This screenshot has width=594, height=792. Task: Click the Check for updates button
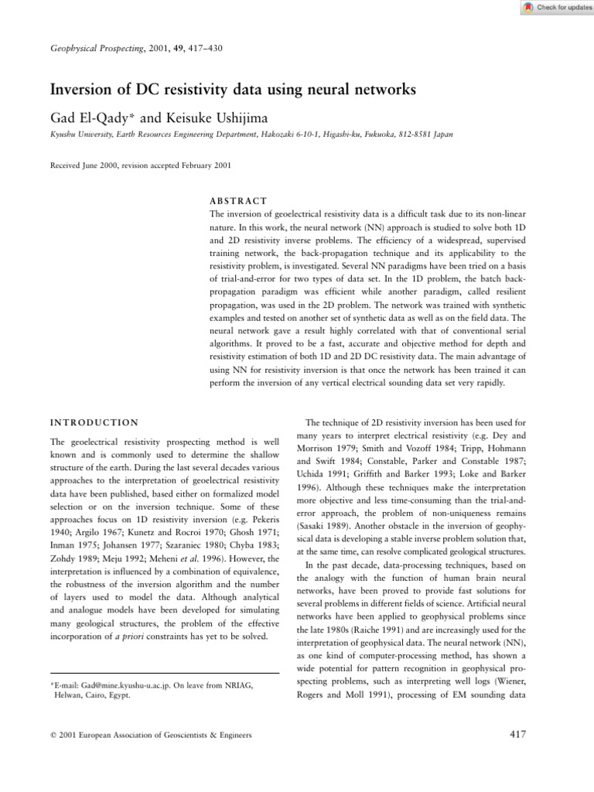pyautogui.click(x=553, y=7)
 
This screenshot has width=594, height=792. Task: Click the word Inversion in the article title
pyautogui.click(x=83, y=90)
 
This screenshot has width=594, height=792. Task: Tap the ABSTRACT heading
pyautogui.click(x=238, y=200)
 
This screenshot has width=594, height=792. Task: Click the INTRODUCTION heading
pyautogui.click(x=94, y=422)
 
